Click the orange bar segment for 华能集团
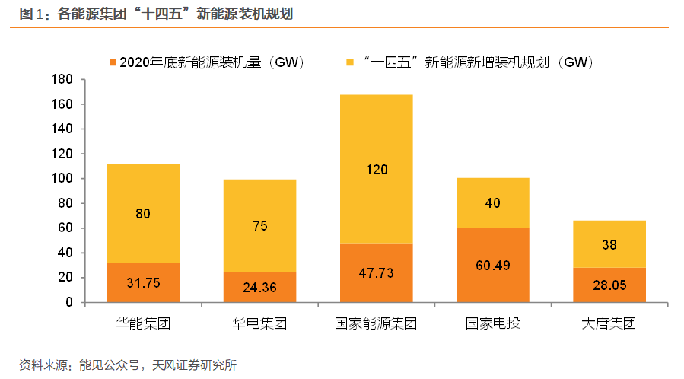(143, 283)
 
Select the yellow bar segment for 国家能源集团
(376, 169)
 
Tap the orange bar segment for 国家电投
(492, 265)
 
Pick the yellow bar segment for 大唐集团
(609, 244)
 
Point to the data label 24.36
(259, 288)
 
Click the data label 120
(376, 169)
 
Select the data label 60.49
(492, 266)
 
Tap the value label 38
(609, 245)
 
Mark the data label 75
(259, 226)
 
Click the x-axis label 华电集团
(259, 323)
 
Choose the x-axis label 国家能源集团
(376, 323)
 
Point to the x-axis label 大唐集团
(609, 323)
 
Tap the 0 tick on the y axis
(68, 302)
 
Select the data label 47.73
(376, 273)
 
